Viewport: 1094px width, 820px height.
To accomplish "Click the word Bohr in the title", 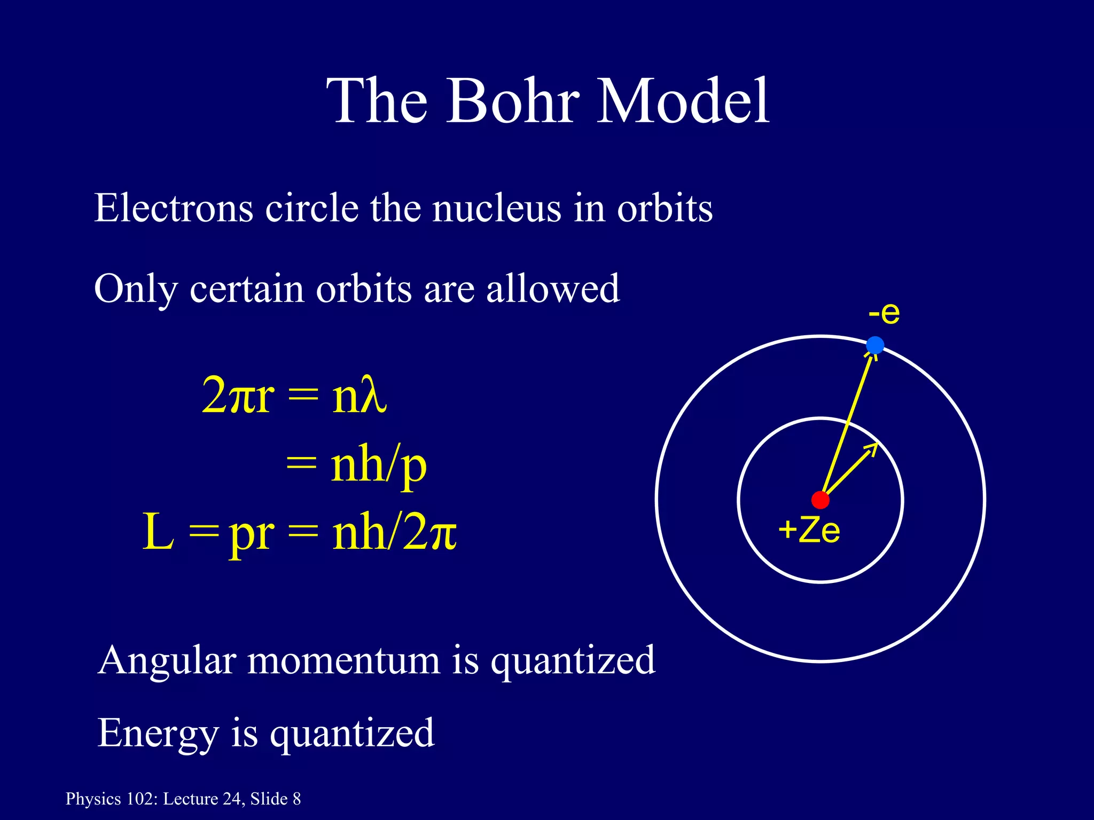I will (x=513, y=101).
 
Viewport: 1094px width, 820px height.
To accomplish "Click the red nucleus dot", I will (x=820, y=500).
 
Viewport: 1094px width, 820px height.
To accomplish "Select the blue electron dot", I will (x=874, y=345).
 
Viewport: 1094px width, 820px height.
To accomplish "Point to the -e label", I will (x=884, y=313).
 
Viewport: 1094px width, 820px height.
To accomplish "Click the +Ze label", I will (x=809, y=531).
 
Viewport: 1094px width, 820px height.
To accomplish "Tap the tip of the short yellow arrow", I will (x=876, y=445).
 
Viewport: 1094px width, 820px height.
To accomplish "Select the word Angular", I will (x=167, y=661).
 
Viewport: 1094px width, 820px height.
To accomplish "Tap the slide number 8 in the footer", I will (x=296, y=799).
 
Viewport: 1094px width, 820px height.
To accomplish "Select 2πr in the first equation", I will (x=238, y=397).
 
